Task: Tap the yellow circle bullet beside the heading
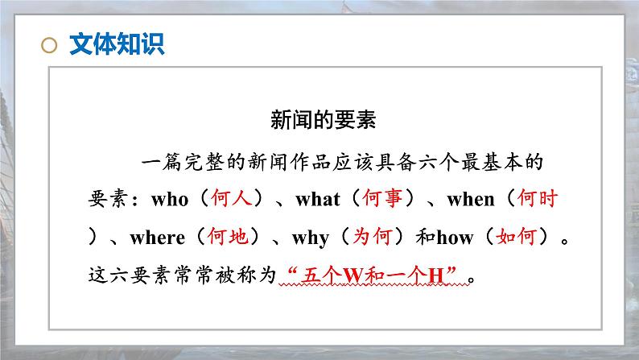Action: click(50, 45)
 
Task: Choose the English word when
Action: click(471, 199)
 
